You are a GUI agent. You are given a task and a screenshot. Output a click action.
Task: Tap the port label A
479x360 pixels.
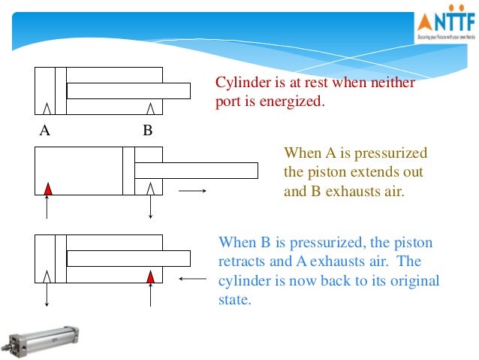pyautogui.click(x=44, y=131)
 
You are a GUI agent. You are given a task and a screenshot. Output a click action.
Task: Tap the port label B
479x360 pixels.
pyautogui.click(x=148, y=131)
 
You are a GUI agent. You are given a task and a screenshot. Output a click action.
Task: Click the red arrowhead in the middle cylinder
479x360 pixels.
pyautogui.click(x=47, y=188)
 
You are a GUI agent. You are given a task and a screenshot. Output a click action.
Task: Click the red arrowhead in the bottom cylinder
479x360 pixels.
pyautogui.click(x=151, y=277)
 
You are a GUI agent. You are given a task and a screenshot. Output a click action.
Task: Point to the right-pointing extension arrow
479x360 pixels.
pyautogui.click(x=192, y=190)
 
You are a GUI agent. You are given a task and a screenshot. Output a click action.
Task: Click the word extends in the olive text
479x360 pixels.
pyautogui.click(x=369, y=172)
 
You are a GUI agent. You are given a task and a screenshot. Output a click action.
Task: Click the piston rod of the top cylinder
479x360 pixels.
pyautogui.click(x=128, y=91)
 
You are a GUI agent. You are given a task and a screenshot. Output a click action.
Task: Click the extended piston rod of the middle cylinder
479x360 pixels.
pyautogui.click(x=195, y=171)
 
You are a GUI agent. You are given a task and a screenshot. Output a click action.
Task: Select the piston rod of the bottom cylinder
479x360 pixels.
pyautogui.click(x=128, y=258)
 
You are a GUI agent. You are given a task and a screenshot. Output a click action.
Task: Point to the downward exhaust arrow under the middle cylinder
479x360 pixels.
pyautogui.click(x=151, y=207)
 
